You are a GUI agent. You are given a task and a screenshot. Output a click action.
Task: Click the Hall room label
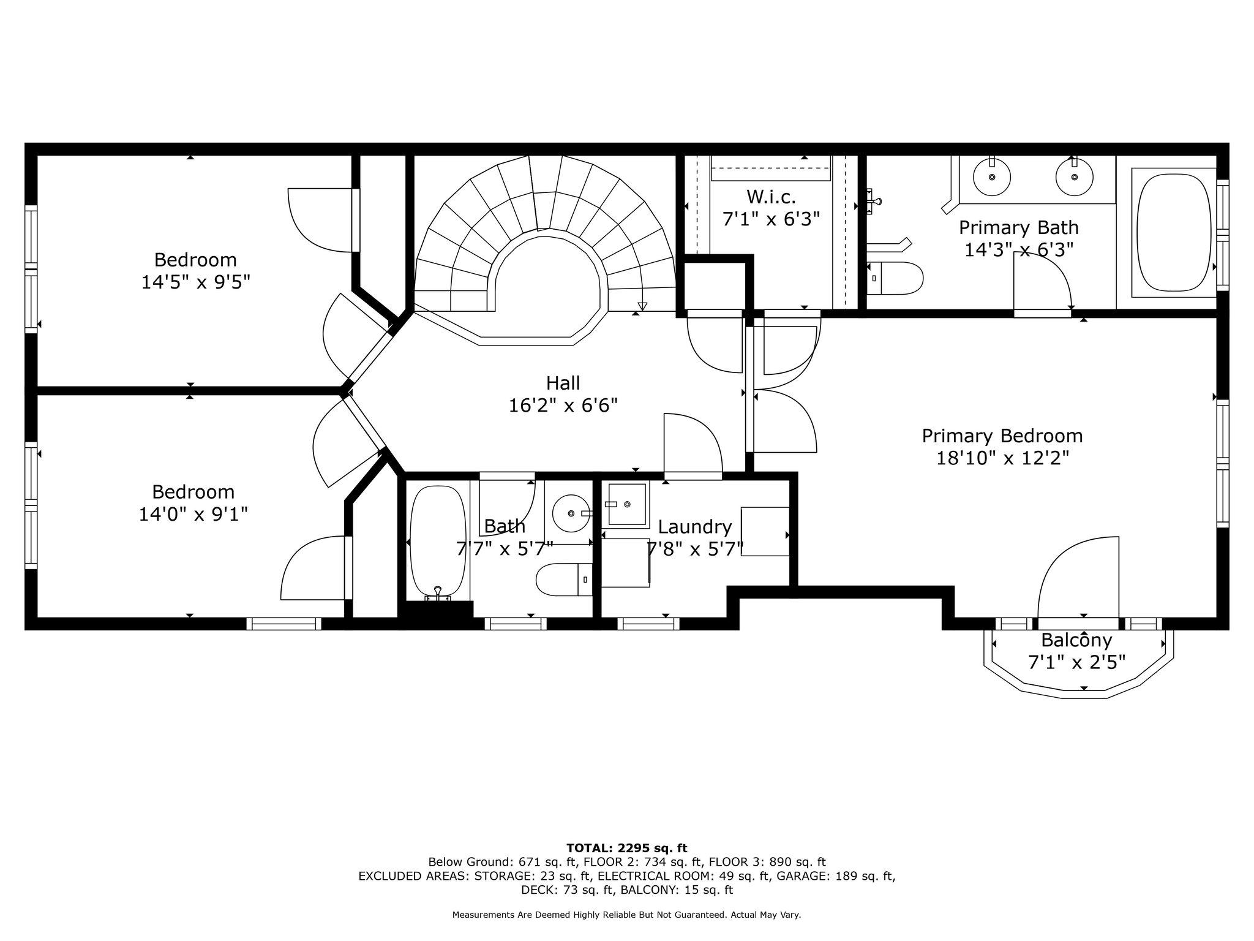click(563, 383)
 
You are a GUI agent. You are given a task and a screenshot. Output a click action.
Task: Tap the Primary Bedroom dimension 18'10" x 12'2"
click(1002, 458)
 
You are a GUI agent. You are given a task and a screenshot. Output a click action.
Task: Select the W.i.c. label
click(771, 197)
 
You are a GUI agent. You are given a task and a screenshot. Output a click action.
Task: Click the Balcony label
click(1076, 640)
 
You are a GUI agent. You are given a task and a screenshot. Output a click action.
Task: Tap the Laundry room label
click(695, 527)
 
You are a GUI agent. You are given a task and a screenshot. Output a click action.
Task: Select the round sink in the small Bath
click(571, 513)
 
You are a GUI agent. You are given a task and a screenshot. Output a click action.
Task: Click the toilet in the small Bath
click(564, 580)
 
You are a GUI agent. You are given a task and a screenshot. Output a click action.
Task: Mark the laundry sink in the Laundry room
click(625, 505)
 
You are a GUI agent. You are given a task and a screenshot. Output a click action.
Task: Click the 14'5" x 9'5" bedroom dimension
click(196, 282)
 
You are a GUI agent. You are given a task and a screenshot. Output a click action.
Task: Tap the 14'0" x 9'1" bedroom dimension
click(193, 514)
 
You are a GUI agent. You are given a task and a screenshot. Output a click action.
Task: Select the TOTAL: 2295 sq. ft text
click(627, 848)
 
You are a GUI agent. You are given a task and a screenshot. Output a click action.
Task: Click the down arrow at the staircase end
click(642, 306)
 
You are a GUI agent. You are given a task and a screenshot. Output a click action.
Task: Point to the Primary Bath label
click(1018, 228)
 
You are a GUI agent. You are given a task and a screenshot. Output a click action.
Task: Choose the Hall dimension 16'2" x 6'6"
click(563, 406)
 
